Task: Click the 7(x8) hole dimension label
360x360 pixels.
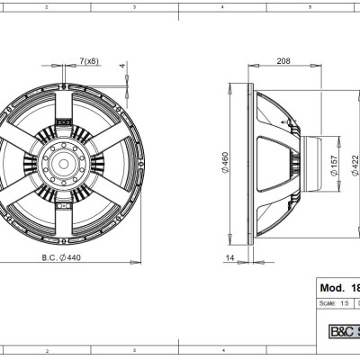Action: point(88,59)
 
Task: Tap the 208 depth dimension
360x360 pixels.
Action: point(283,61)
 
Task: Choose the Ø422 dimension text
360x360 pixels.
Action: point(354,162)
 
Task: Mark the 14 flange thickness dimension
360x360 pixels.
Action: point(231,258)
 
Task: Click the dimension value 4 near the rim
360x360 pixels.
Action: point(123,66)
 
